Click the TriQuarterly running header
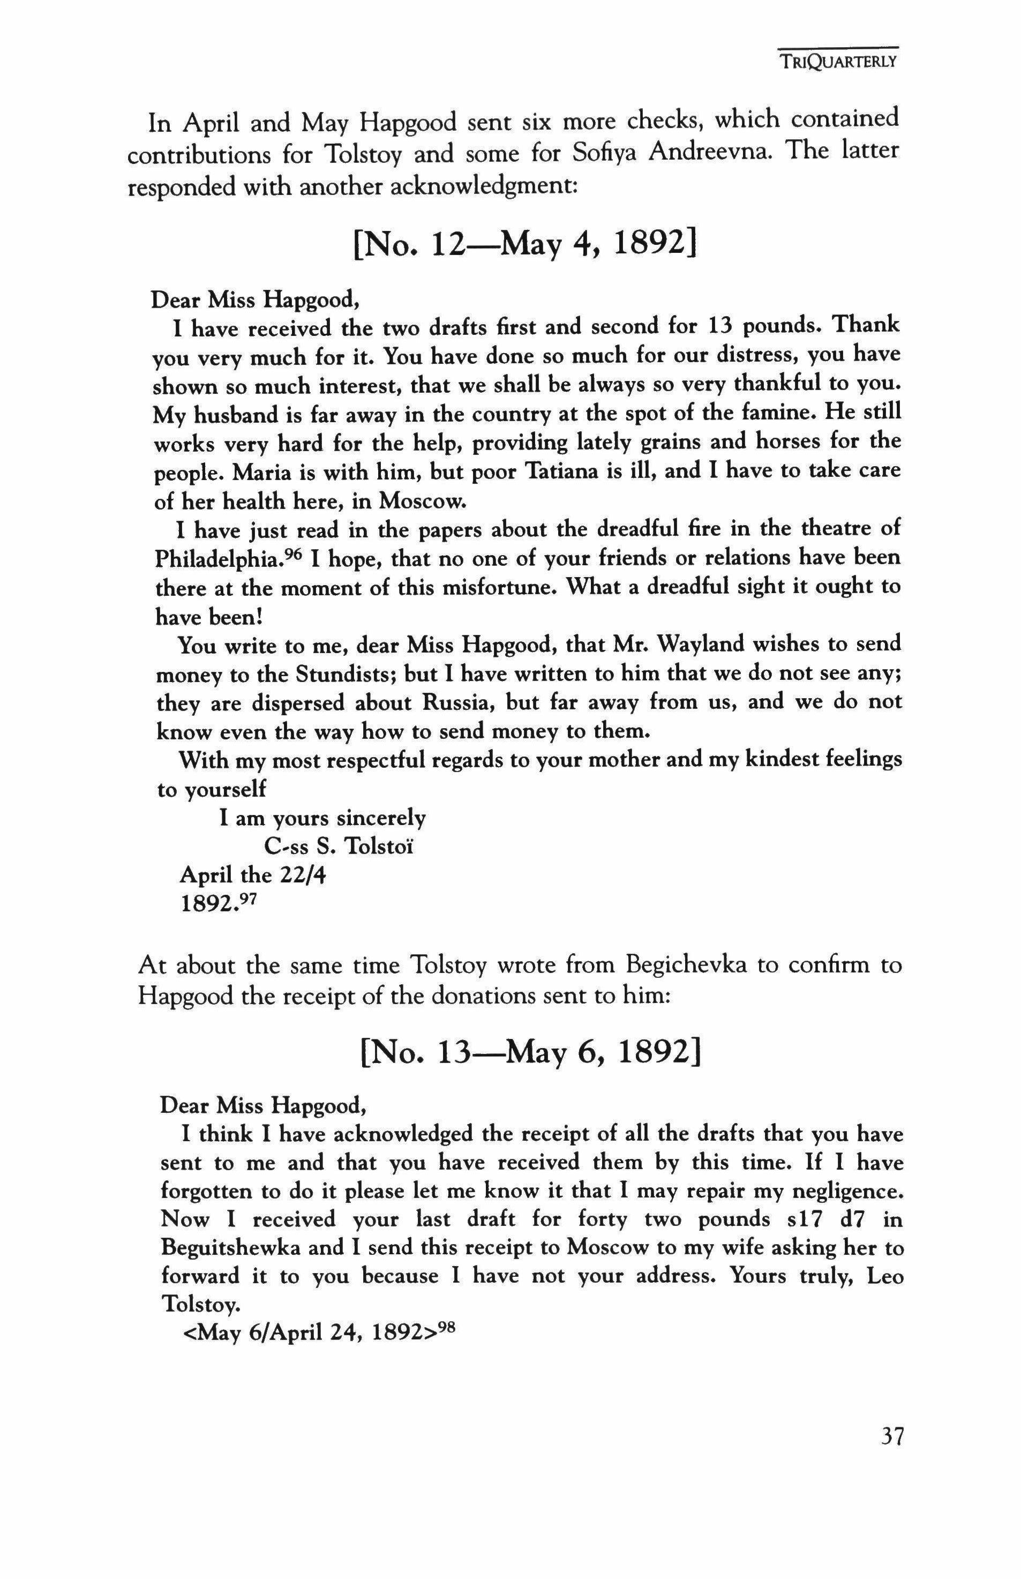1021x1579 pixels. [x=838, y=62]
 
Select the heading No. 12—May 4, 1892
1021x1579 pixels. [x=525, y=245]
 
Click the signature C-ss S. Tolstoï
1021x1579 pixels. [x=338, y=847]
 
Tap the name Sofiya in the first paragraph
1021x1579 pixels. [x=605, y=153]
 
